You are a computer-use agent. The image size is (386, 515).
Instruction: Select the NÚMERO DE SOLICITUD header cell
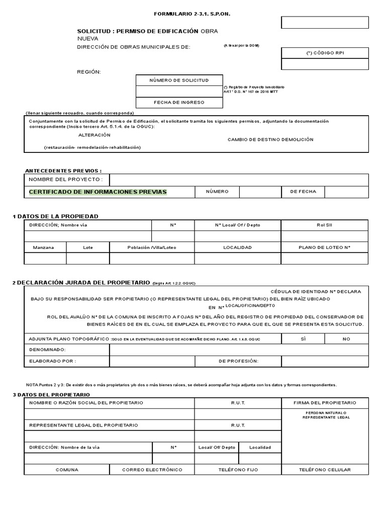(179, 80)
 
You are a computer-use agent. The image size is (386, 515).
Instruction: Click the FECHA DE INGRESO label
(179, 103)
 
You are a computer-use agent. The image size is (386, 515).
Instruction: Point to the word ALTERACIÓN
(94, 135)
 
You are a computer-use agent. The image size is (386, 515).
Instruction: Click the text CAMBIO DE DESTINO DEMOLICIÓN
(270, 139)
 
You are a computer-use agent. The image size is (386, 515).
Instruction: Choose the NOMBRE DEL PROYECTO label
(66, 180)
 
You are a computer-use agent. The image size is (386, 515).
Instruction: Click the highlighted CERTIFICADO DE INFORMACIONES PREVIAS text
(98, 192)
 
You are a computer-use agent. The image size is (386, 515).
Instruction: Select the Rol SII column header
(324, 225)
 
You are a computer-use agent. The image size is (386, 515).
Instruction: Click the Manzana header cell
(45, 247)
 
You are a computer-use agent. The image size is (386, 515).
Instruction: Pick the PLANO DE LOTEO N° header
(324, 247)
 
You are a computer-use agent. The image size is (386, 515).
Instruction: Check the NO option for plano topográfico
(346, 339)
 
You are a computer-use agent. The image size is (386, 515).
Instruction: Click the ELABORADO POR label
(52, 361)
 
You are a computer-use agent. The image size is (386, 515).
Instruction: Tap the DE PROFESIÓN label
(238, 361)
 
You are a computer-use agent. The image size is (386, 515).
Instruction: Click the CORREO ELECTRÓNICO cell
(152, 470)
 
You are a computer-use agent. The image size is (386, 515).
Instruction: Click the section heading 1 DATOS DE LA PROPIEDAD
(55, 216)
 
